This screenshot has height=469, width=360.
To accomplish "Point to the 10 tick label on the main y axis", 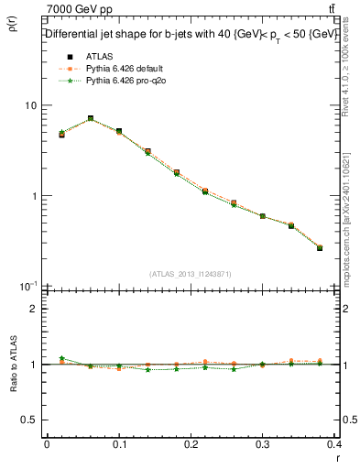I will pyautogui.click(x=30, y=105).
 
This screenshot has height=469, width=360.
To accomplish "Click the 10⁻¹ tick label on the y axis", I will pyautogui.click(x=28, y=286).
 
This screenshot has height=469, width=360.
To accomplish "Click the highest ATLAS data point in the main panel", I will pyautogui.click(x=90, y=118).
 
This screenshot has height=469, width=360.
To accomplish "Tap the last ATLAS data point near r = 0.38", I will pyautogui.click(x=319, y=248).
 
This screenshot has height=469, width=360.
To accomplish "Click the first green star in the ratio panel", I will pyautogui.click(x=61, y=358).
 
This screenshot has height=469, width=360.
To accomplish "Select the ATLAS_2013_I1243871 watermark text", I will pyautogui.click(x=191, y=274).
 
